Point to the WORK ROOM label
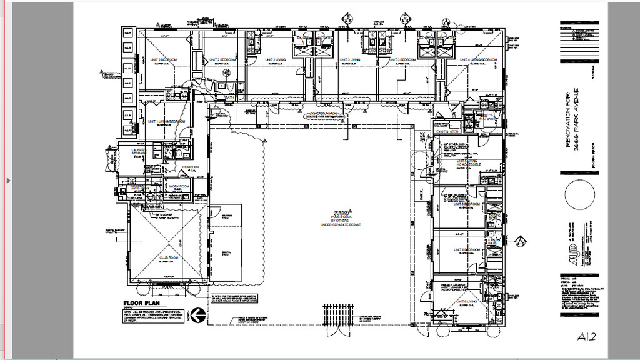coord(178,187)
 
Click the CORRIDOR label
coord(189,167)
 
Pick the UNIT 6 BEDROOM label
coord(467,249)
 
